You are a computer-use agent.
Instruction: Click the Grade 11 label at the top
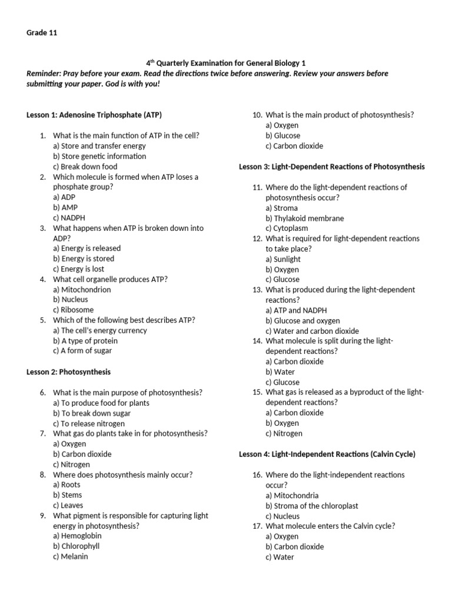point(41,33)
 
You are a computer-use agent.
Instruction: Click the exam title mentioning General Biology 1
point(225,63)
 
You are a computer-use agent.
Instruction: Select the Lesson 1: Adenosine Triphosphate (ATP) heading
point(94,115)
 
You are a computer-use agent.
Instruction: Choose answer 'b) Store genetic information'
point(99,156)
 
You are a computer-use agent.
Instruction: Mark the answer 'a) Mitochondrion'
point(82,289)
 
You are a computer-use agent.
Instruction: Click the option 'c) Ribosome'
point(73,310)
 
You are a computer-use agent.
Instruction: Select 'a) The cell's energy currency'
point(99,330)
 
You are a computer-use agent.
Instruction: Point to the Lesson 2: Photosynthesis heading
point(68,372)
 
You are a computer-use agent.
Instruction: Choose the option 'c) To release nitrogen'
point(88,423)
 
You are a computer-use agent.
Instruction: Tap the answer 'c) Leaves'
point(68,505)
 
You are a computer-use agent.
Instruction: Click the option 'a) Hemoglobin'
point(77,536)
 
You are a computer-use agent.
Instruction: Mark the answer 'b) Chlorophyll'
point(76,546)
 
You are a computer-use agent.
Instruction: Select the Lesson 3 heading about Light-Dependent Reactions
point(331,167)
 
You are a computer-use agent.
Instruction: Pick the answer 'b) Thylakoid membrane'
point(304,218)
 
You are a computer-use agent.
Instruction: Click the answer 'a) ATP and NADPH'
point(296,310)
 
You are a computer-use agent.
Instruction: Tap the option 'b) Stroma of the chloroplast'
point(311,506)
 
